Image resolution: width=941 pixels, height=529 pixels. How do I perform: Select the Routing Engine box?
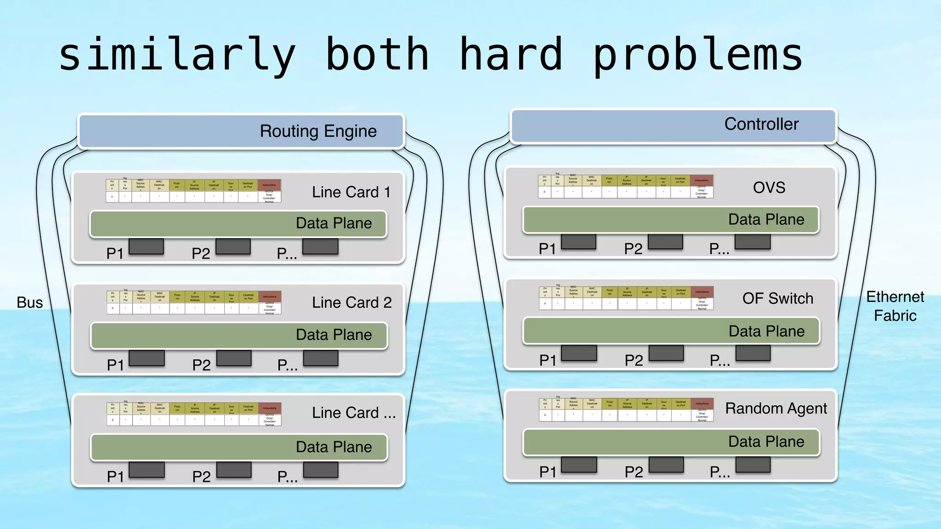click(x=241, y=131)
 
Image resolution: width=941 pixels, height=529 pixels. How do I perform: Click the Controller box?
click(x=673, y=125)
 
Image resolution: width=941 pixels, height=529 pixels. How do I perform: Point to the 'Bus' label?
click(x=29, y=303)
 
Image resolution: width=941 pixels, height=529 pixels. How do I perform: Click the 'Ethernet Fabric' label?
click(x=895, y=306)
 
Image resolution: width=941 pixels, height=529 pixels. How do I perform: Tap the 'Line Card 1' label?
click(x=351, y=192)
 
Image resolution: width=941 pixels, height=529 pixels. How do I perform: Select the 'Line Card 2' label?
click(x=351, y=303)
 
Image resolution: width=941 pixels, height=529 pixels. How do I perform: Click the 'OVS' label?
click(x=769, y=187)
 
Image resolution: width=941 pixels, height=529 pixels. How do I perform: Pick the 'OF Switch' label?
click(x=777, y=298)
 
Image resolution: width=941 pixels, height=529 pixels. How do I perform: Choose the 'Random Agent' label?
click(x=776, y=408)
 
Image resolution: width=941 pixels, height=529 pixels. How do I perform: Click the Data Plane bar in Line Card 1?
click(x=238, y=224)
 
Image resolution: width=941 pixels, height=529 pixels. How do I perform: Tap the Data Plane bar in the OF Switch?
click(x=671, y=331)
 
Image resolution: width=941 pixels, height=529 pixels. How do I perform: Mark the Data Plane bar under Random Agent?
click(x=671, y=442)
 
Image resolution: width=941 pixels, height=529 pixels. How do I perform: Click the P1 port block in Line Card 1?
click(x=146, y=247)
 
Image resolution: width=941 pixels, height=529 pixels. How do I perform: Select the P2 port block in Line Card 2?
click(x=234, y=358)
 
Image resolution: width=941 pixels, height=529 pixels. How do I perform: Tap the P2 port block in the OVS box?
click(x=665, y=242)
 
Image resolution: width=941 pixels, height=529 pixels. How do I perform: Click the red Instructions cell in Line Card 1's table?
click(x=269, y=185)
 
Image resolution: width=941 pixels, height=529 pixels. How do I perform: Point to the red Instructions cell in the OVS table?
click(x=702, y=180)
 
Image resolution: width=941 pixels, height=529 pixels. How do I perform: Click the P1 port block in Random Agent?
click(x=579, y=465)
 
